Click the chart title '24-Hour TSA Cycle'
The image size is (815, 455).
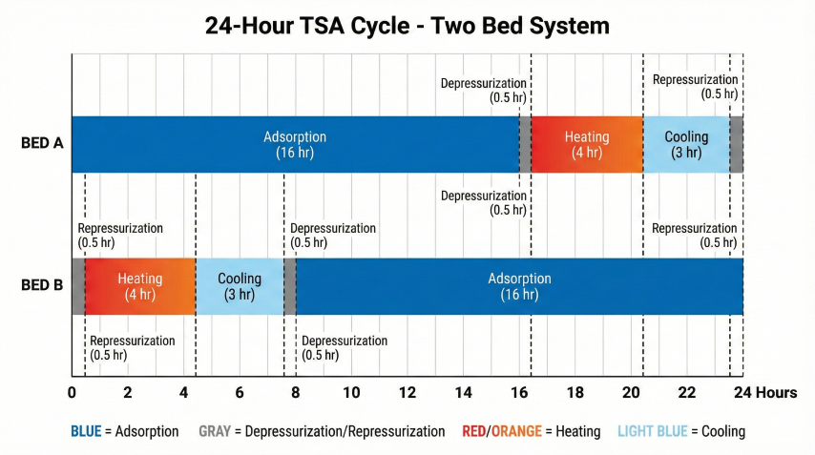(x=407, y=25)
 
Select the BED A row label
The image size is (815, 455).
(x=43, y=144)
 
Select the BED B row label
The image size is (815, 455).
(x=43, y=285)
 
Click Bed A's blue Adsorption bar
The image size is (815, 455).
(x=294, y=144)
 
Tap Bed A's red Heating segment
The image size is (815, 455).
(x=586, y=144)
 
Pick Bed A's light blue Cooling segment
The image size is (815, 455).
(x=686, y=144)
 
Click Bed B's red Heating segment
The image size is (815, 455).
(x=140, y=286)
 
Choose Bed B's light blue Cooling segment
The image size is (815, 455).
(x=239, y=286)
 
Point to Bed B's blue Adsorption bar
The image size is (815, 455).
(x=519, y=286)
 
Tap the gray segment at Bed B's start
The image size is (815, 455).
(x=78, y=286)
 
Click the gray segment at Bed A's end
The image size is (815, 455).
(x=737, y=144)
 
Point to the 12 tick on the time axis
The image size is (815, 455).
(x=407, y=393)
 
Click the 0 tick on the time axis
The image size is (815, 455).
(x=73, y=393)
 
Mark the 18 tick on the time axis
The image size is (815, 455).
(x=575, y=393)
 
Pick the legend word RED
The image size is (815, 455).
(x=474, y=431)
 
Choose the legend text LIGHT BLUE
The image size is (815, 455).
(x=652, y=431)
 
